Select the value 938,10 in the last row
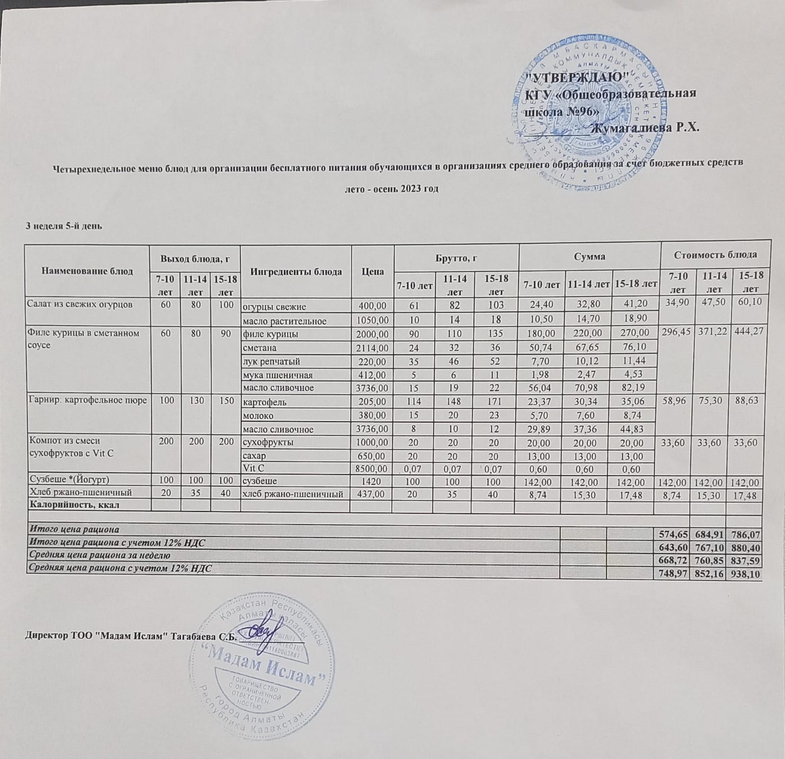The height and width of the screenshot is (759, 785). tap(746, 573)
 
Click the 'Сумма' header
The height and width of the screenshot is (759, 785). tap(590, 256)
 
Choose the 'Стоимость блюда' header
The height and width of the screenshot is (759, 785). tap(715, 254)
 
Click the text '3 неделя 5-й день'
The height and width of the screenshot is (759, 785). tap(64, 226)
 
